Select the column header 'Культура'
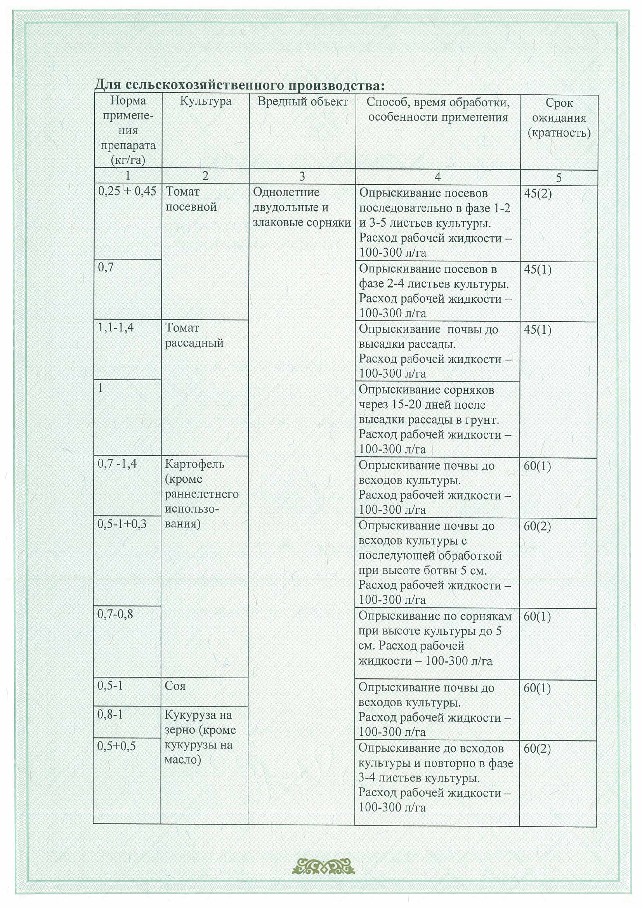pos(205,101)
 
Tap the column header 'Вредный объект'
pos(302,102)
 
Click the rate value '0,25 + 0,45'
pos(127,191)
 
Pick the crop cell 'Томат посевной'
pos(191,199)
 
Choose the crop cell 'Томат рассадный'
pos(194,335)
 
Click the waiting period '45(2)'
pos(537,193)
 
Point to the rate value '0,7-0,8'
pos(115,614)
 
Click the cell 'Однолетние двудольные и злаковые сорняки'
pos(301,207)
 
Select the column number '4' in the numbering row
pos(438,177)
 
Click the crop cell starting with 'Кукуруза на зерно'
pos(200,737)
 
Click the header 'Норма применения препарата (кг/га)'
pos(128,130)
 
